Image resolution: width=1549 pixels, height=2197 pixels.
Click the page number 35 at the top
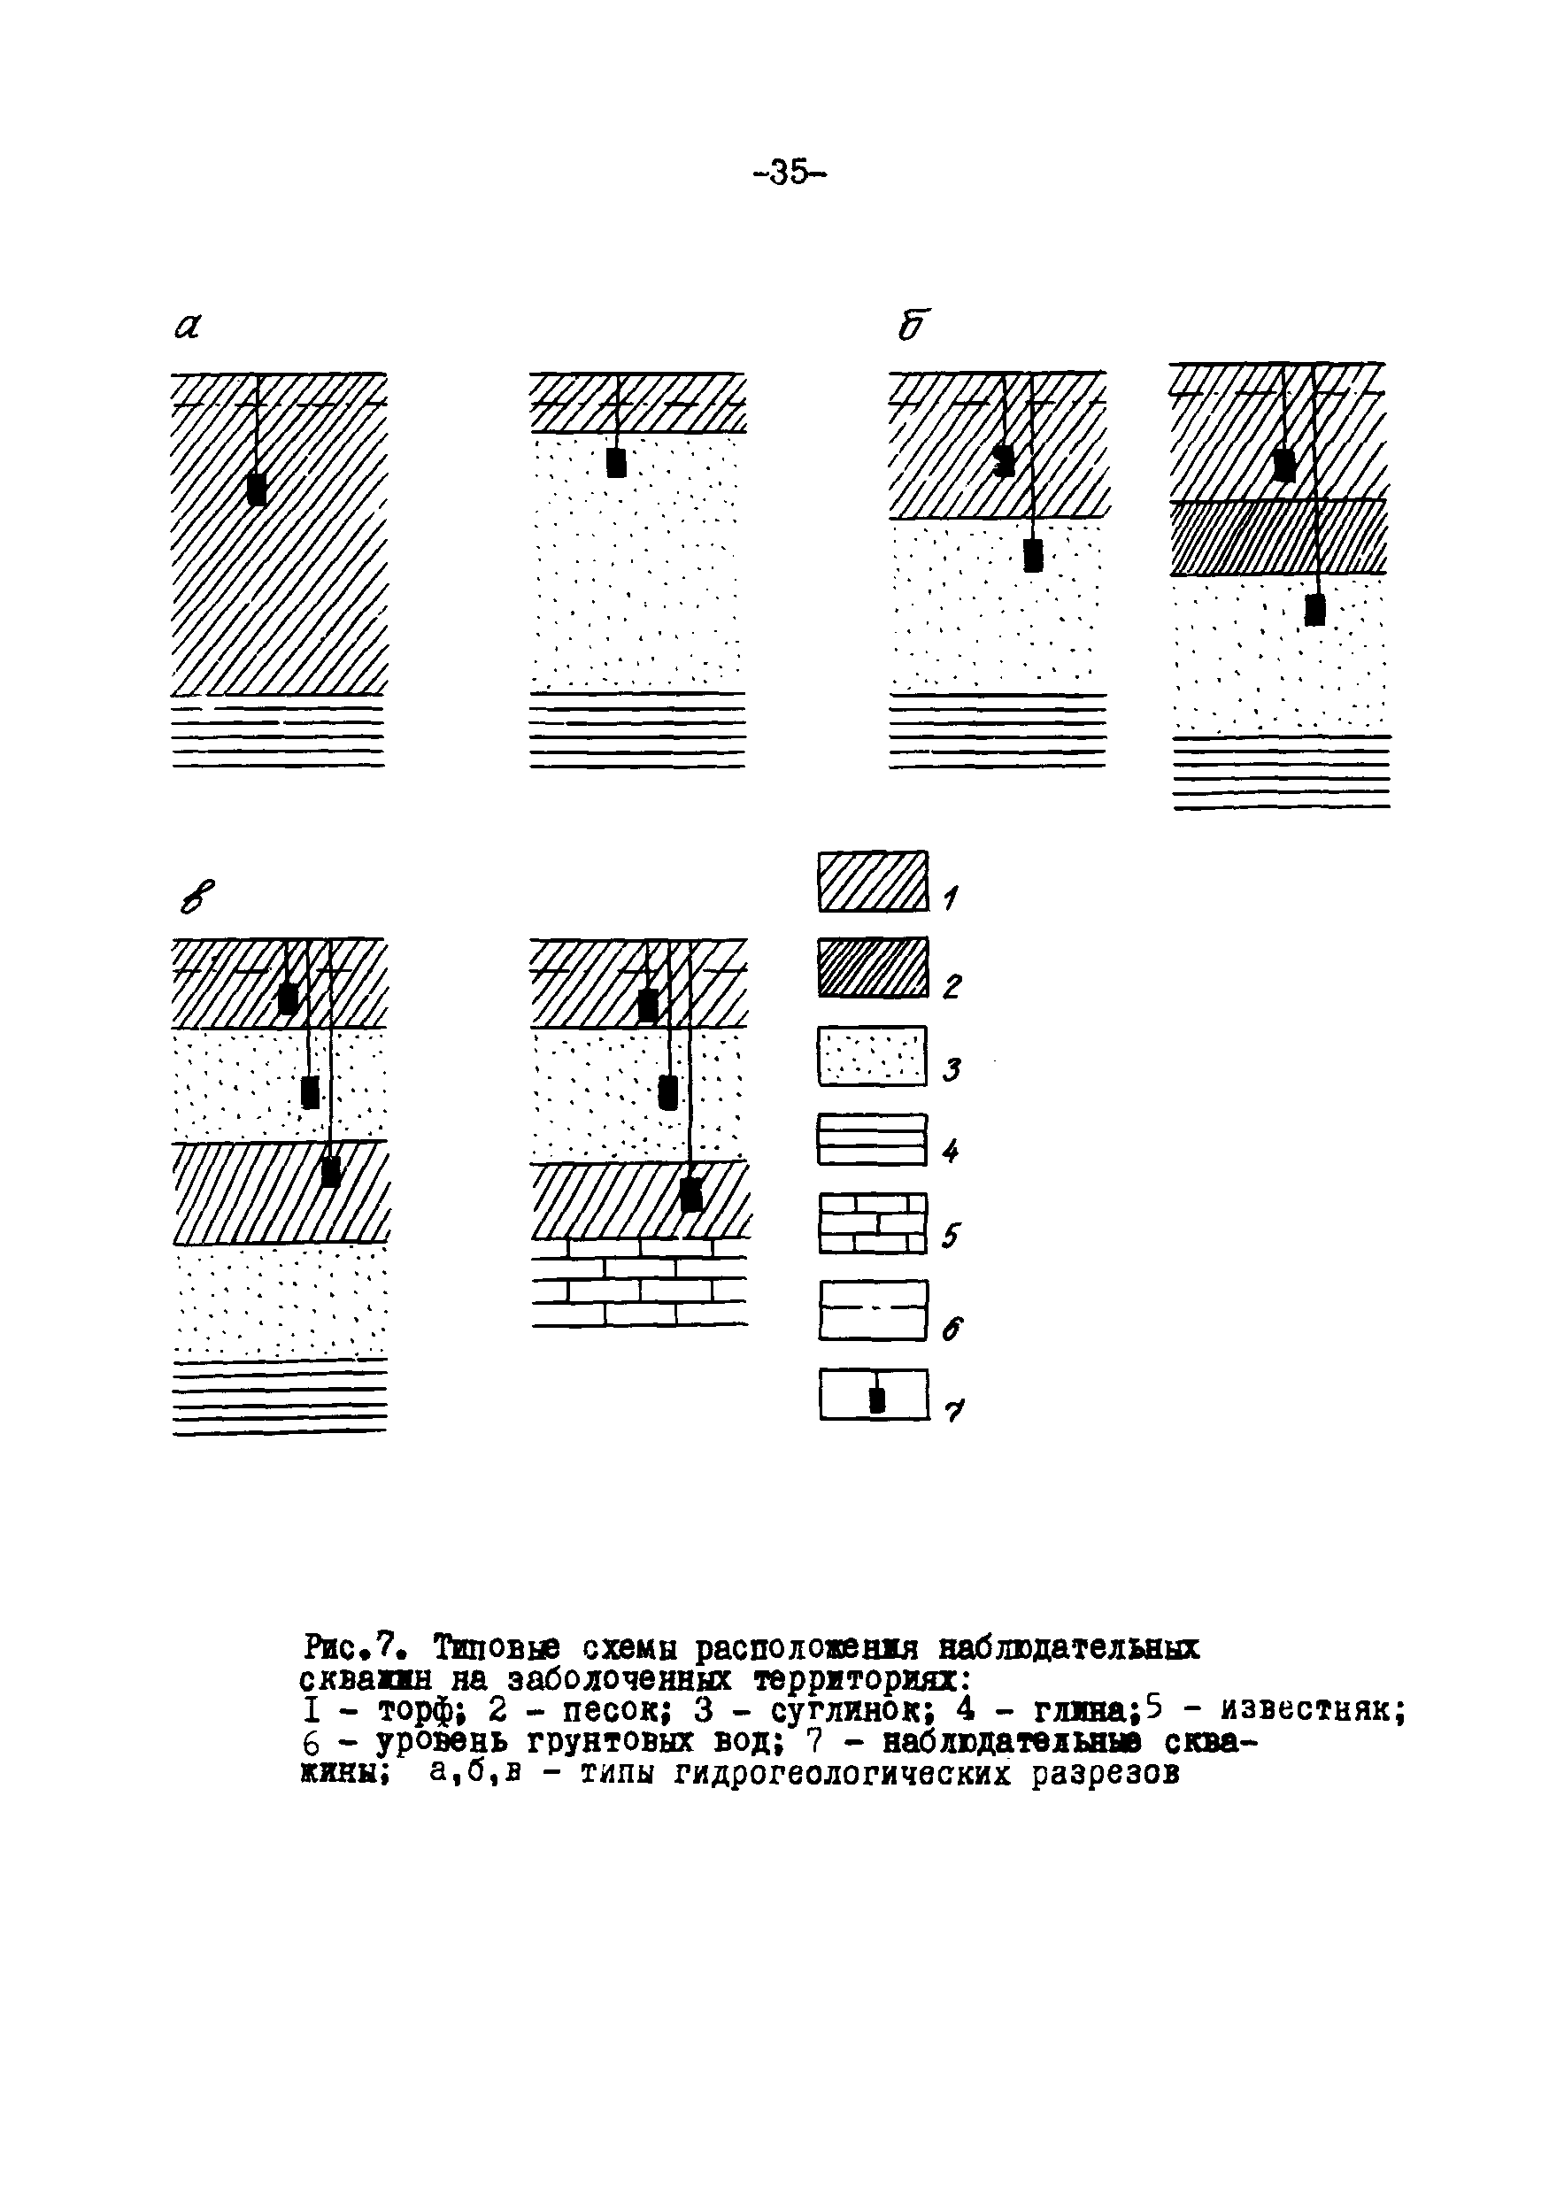point(790,173)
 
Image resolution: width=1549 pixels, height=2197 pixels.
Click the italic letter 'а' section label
point(188,328)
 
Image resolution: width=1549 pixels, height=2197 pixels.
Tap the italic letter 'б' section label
point(912,327)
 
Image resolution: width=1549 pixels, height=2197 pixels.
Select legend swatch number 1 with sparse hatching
point(873,882)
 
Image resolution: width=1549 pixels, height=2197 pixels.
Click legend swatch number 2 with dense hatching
point(873,967)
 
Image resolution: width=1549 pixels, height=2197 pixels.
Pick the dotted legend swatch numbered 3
point(873,1055)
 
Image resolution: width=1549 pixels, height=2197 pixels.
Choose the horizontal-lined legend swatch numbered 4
point(873,1139)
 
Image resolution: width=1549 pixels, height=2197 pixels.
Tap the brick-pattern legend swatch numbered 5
point(873,1224)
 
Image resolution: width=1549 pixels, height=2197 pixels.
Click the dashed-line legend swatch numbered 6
point(873,1310)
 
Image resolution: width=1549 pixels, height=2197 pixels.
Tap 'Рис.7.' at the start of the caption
point(358,1646)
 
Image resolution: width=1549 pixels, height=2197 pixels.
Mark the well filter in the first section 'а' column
point(257,489)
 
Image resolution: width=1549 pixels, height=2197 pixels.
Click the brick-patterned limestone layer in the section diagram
point(640,1283)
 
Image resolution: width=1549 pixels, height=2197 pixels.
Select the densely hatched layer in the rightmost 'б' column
point(1278,538)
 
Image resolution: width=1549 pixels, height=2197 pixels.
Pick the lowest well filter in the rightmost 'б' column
point(1315,611)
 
